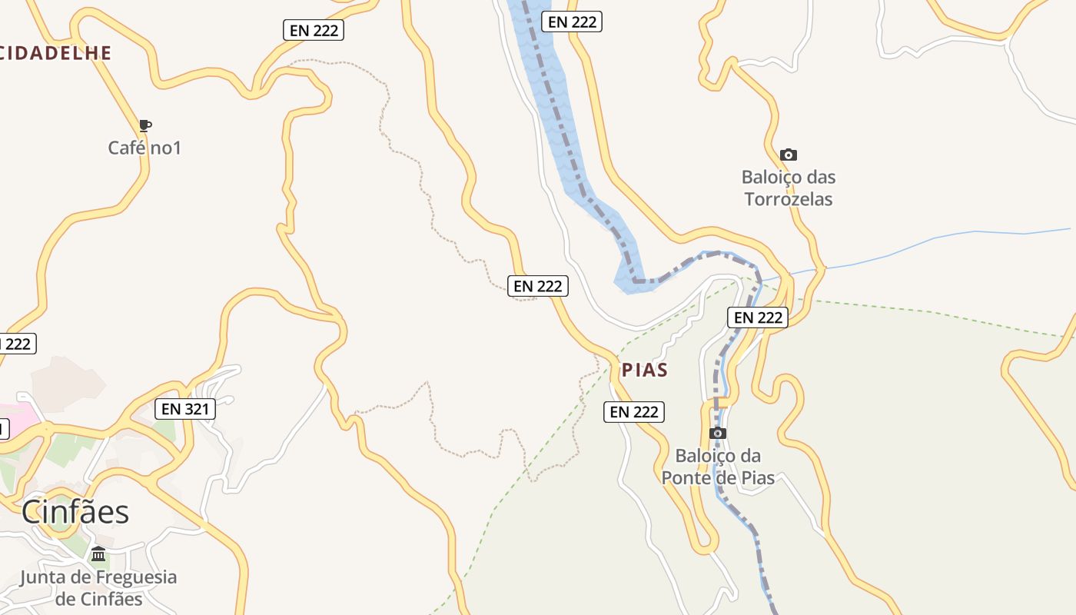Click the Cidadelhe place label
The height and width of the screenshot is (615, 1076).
[55, 53]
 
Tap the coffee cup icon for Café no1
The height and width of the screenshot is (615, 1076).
[144, 125]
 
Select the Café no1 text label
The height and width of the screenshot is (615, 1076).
[144, 148]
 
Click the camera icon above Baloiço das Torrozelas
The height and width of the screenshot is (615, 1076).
[788, 155]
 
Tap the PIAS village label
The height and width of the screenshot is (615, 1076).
[644, 370]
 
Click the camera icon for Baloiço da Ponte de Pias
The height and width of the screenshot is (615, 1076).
[717, 434]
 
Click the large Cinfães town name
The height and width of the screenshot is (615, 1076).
[75, 511]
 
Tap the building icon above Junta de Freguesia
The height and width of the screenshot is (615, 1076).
[98, 553]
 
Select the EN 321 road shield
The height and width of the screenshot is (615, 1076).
[184, 409]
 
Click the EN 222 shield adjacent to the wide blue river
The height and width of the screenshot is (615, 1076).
[572, 22]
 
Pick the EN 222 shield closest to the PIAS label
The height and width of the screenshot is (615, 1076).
[634, 412]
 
